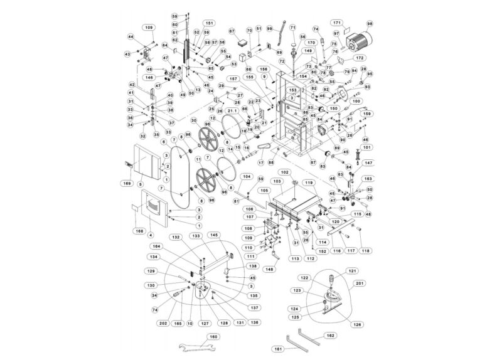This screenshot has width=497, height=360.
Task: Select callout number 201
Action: [360, 283]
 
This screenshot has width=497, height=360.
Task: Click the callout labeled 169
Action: [127, 183]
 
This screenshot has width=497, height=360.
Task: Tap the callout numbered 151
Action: [210, 23]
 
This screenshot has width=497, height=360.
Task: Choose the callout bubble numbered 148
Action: [270, 269]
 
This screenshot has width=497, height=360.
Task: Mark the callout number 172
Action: [360, 58]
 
